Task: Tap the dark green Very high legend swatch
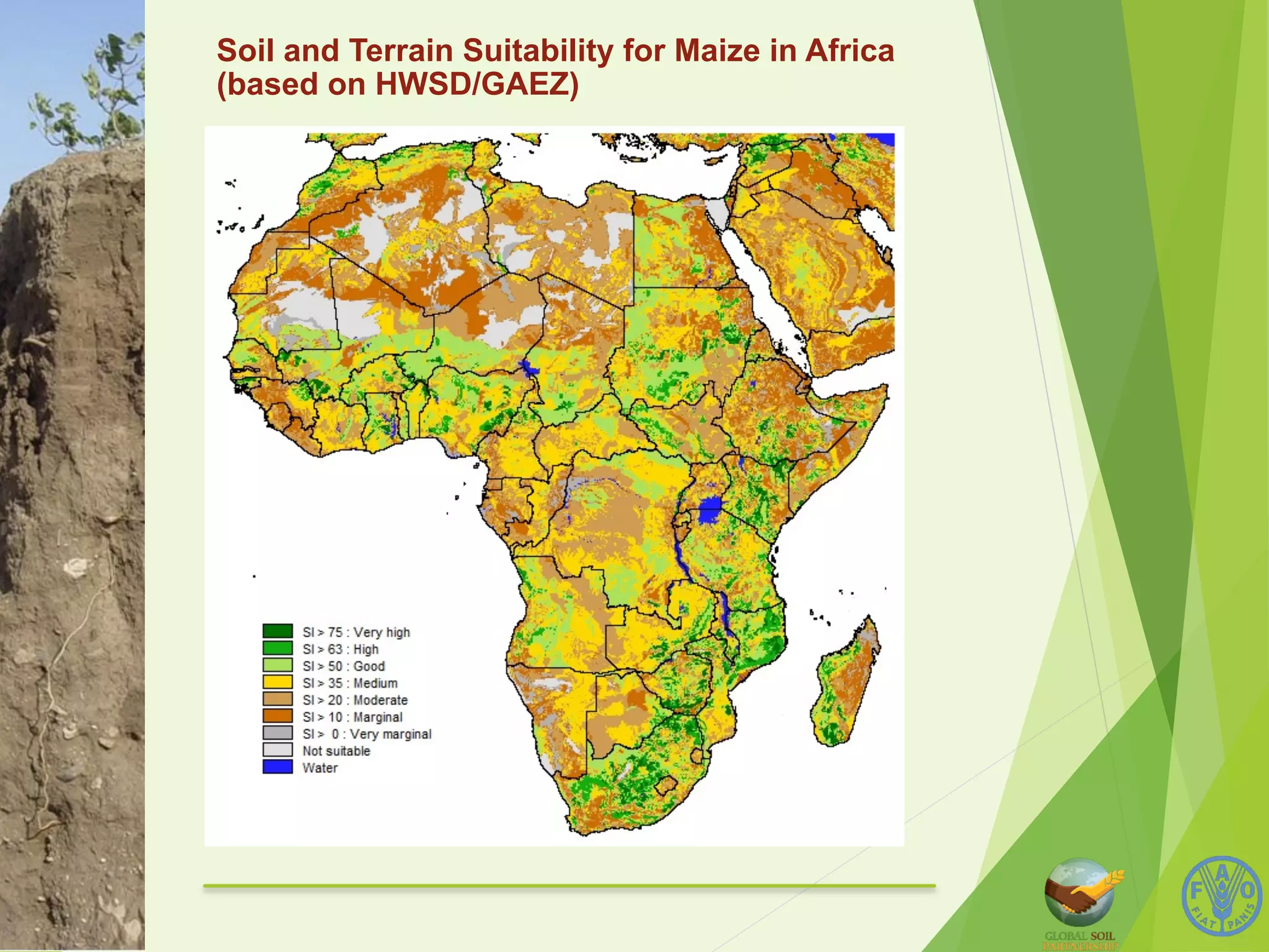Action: [x=277, y=632]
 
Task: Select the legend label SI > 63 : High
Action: [x=340, y=649]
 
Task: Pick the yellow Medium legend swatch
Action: [x=277, y=682]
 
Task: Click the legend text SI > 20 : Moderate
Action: [x=355, y=700]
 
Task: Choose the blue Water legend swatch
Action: [x=277, y=767]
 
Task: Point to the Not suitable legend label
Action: [x=336, y=751]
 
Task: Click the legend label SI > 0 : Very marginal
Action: [x=367, y=734]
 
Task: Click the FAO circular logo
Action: [x=1221, y=896]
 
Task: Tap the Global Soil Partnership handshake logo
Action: [x=1081, y=892]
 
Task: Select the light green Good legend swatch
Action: [x=277, y=666]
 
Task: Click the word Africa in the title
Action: [x=849, y=51]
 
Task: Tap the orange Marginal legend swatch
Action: [x=277, y=716]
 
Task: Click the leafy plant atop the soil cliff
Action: [x=99, y=93]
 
